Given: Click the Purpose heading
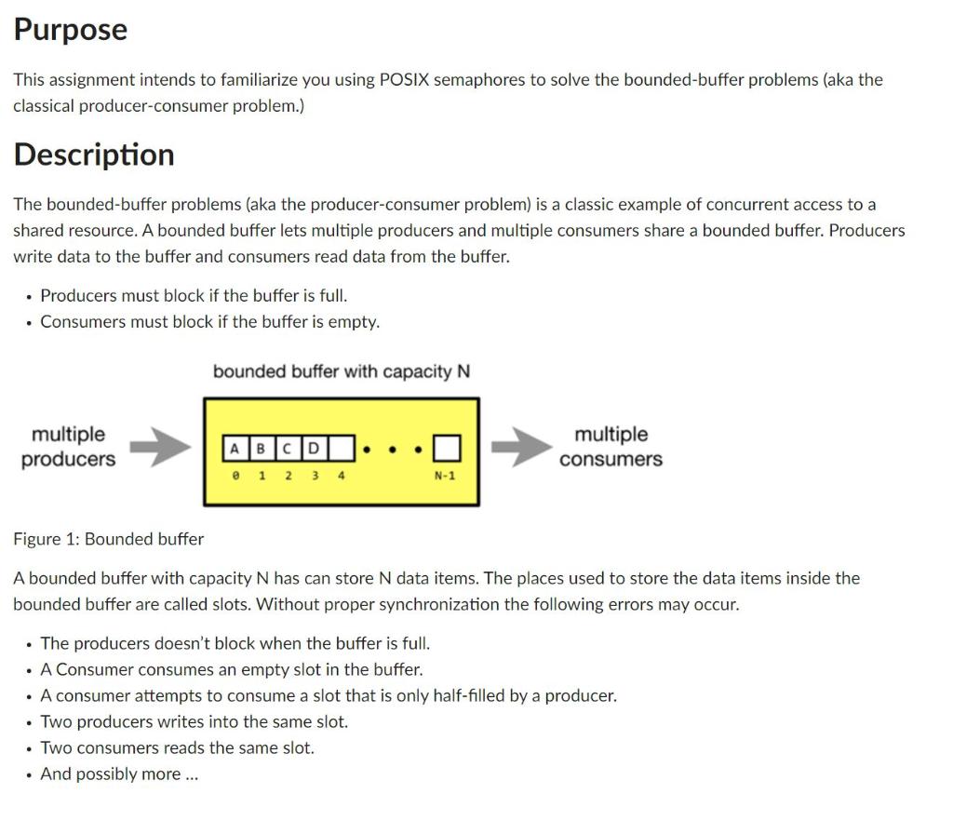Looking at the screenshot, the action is [70, 30].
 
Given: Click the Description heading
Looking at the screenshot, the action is [93, 155].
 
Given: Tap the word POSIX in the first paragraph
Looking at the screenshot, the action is [404, 80].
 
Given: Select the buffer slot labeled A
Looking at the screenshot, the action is [235, 449].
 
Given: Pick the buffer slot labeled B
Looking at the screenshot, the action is [261, 449].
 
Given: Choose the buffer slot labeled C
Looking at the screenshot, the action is [288, 449].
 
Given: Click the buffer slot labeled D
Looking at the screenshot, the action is [314, 449].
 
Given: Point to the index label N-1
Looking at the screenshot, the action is [445, 476].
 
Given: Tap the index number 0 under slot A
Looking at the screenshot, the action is [235, 476].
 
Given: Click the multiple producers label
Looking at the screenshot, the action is [68, 447].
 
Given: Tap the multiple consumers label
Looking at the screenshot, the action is [611, 447].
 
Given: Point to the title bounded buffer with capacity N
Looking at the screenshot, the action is [341, 371].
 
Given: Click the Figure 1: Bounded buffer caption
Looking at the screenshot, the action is [108, 539].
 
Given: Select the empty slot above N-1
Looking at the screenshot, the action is [447, 449].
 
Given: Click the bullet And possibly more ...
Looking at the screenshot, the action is [119, 774].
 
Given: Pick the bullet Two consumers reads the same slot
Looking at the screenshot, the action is [177, 748].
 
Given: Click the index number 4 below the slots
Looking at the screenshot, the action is [341, 476].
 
